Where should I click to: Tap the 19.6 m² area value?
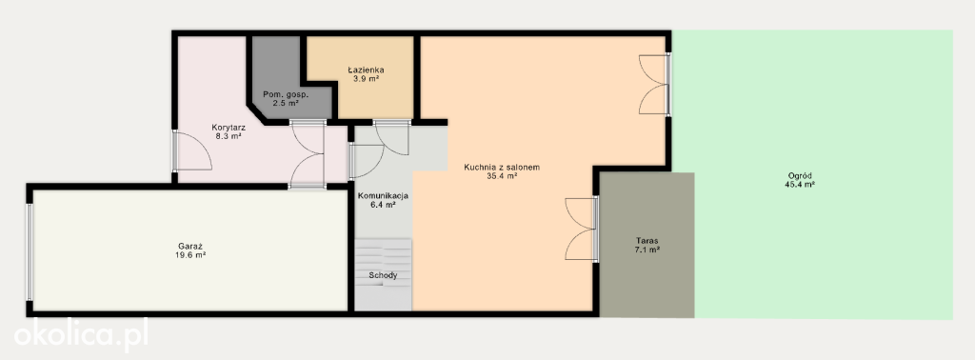coord(190,255)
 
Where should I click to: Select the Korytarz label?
coord(229,127)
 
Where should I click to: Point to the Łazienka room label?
coord(366,70)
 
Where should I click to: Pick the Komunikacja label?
coord(383,196)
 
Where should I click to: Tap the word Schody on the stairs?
coord(383,275)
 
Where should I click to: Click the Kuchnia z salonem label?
coord(502,168)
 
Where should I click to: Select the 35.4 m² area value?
coord(503,176)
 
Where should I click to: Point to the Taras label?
coord(647,241)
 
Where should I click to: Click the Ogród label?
coord(800,175)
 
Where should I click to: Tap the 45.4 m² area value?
coord(800,185)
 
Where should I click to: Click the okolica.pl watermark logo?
coord(81,335)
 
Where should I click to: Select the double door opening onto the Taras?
coord(583,229)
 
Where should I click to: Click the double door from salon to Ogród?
coord(655,85)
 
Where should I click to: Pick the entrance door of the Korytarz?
coord(191,150)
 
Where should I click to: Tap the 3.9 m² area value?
coord(366,79)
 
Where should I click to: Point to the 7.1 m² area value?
coord(647,250)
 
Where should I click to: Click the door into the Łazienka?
coord(391,138)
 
